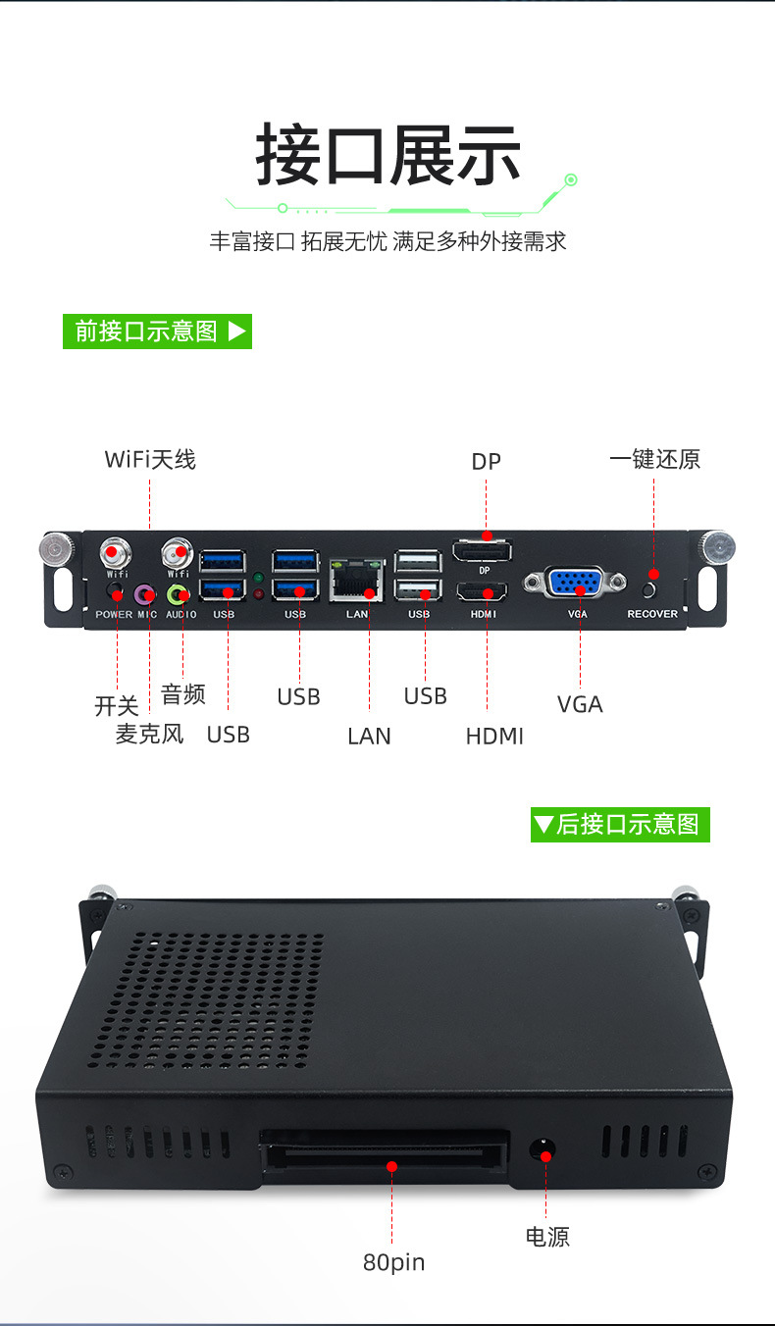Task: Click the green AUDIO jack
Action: click(x=178, y=594)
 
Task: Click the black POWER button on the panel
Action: click(x=116, y=592)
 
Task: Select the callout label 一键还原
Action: click(x=654, y=459)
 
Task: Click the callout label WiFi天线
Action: click(x=150, y=459)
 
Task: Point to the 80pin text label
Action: click(x=393, y=1262)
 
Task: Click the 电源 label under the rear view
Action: click(x=546, y=1237)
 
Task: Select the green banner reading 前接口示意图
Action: click(x=157, y=331)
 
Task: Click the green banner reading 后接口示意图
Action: click(x=619, y=824)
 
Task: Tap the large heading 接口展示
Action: click(x=387, y=155)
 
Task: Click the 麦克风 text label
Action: click(x=149, y=734)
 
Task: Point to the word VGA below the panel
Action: click(x=579, y=704)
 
